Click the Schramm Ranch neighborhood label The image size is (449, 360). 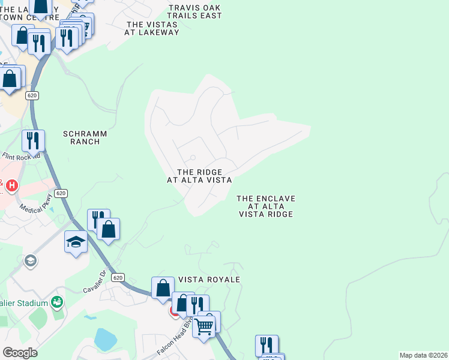tap(80, 137)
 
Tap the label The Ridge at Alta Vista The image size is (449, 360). tap(199, 176)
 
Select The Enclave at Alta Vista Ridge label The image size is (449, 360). tap(266, 206)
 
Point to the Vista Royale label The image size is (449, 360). tap(209, 280)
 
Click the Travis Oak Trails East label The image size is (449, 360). tap(195, 12)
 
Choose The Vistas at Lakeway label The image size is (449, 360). tap(152, 28)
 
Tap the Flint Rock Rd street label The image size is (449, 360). tap(20, 156)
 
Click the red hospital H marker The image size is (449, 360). tap(11, 187)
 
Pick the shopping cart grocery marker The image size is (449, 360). tap(203, 326)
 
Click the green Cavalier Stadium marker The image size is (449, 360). tap(58, 301)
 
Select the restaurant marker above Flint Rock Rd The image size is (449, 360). tap(33, 141)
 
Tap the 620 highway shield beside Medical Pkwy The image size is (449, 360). tap(60, 193)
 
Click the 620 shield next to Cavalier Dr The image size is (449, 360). tap(118, 277)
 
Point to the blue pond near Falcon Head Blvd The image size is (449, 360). tap(105, 339)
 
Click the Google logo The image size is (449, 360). tap(20, 353)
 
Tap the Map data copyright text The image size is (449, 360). tap(423, 355)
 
